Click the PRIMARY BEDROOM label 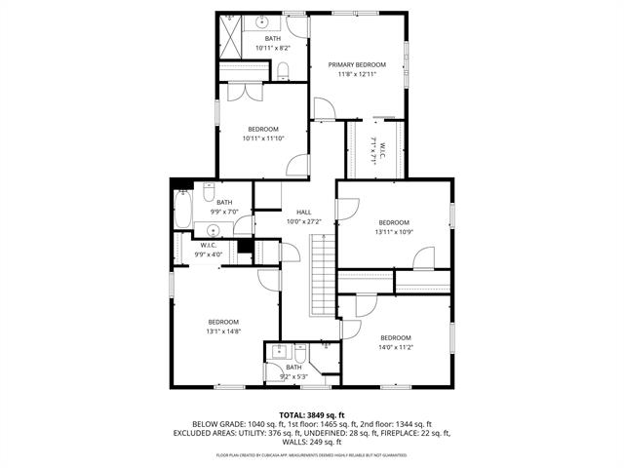(356, 65)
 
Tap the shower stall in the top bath (230, 38)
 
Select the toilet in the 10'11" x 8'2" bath (283, 69)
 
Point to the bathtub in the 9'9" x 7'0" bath (182, 208)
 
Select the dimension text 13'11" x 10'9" (393, 231)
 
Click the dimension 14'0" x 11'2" (395, 347)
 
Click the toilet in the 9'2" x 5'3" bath (325, 347)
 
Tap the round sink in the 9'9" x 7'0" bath (211, 231)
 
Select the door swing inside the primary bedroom (322, 109)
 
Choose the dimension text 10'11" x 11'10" (262, 138)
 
